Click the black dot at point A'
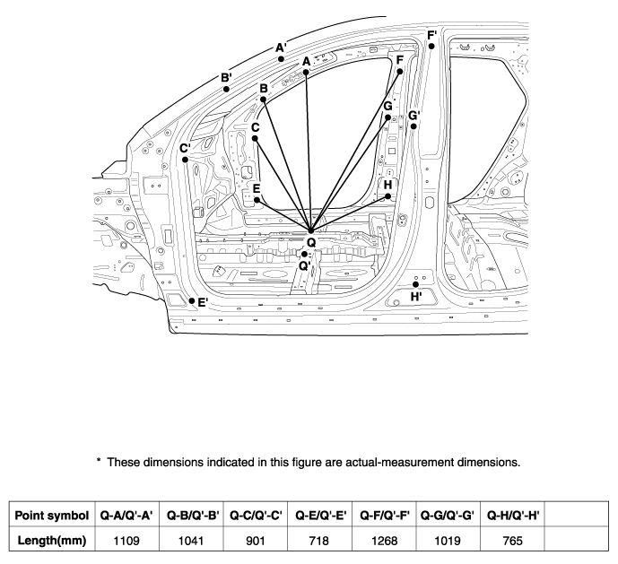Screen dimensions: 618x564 281,59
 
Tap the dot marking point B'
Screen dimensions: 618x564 226,89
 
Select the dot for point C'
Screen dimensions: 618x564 185,160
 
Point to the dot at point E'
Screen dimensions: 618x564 192,300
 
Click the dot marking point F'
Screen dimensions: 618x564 431,46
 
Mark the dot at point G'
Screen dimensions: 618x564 413,126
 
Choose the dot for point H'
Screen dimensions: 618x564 415,284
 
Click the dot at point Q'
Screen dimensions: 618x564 304,255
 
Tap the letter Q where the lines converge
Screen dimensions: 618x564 311,242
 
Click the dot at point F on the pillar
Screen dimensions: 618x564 400,72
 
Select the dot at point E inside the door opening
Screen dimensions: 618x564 257,200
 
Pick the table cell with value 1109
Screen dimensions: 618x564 126,540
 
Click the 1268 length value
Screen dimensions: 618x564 384,540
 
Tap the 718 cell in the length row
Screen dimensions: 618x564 319,540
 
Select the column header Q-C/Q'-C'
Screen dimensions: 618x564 256,515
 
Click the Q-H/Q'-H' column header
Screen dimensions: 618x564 513,515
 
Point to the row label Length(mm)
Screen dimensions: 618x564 52,540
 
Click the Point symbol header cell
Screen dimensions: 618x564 52,515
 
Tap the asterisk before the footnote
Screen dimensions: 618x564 99,460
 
